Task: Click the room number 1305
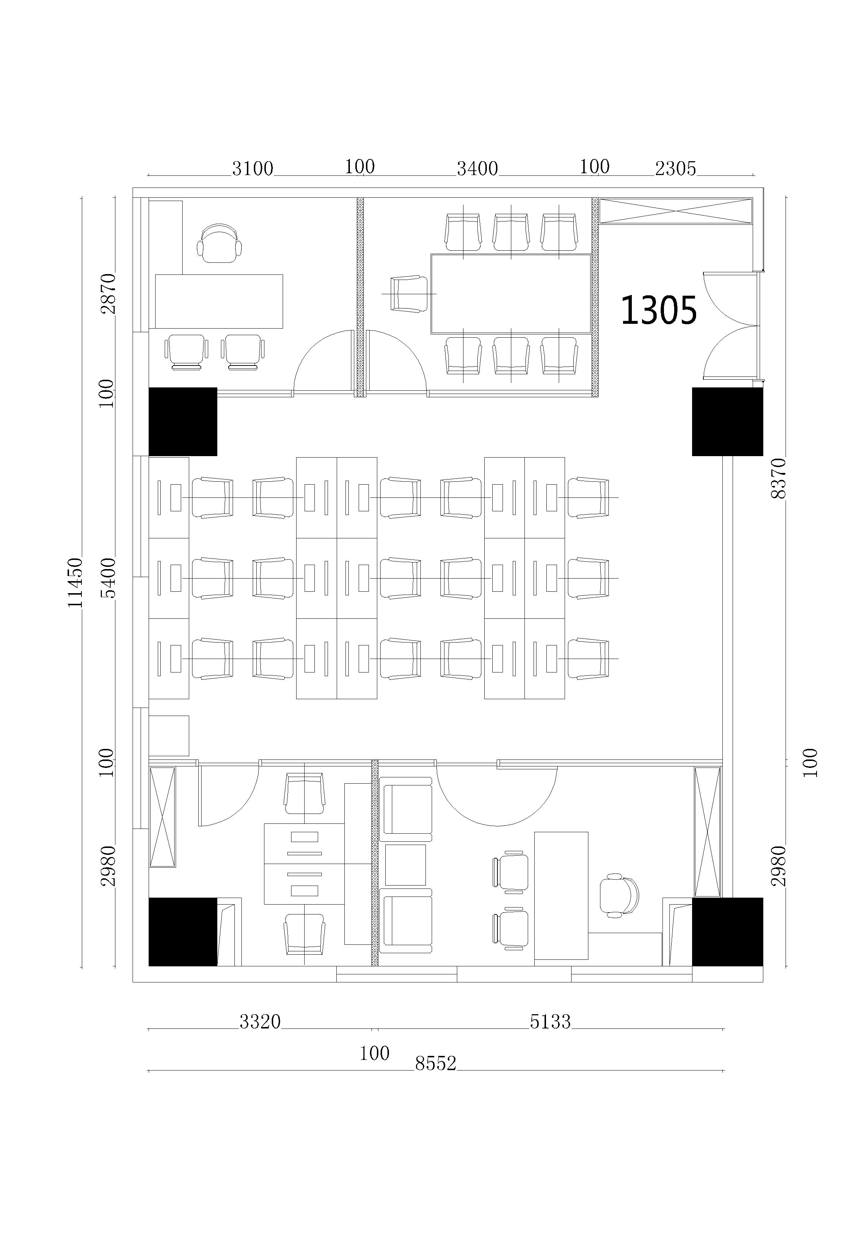(x=658, y=310)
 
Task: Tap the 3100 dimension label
(x=252, y=169)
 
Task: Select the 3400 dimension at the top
(x=477, y=169)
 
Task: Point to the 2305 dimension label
(x=675, y=169)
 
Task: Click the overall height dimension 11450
(x=75, y=583)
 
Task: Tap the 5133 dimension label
(x=550, y=1022)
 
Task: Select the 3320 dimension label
(x=260, y=1022)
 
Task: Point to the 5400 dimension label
(x=108, y=578)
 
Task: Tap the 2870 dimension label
(x=108, y=293)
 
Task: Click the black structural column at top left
(x=183, y=421)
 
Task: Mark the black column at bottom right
(x=728, y=932)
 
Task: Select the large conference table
(x=511, y=293)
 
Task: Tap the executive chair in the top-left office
(x=219, y=243)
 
